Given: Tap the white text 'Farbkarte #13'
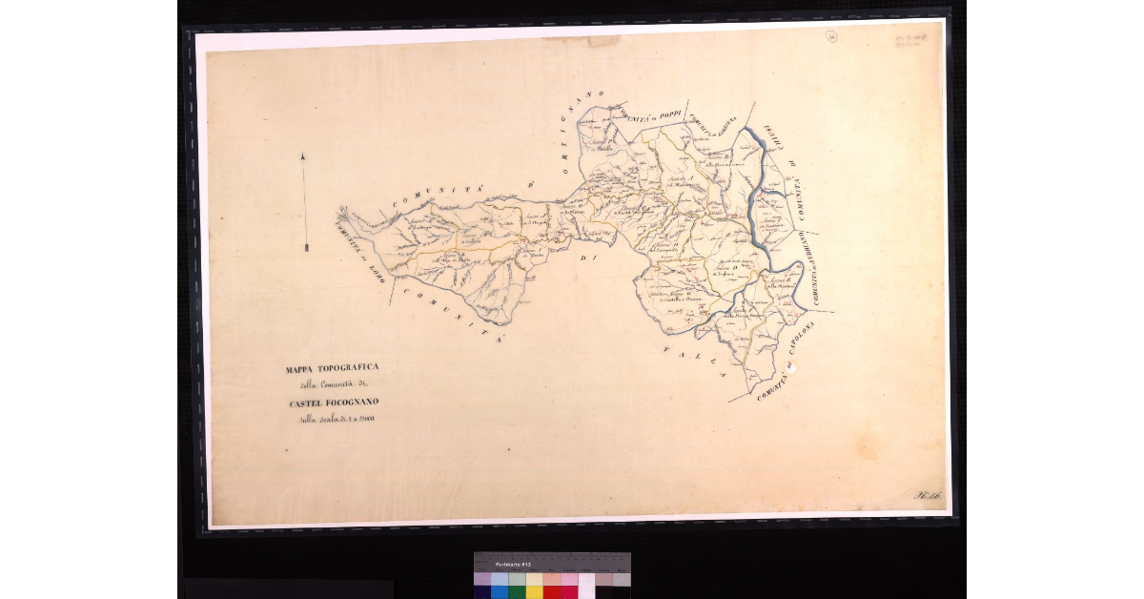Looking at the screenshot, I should (512, 565).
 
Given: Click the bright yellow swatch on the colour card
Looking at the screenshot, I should (534, 591).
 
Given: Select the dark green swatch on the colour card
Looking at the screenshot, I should (517, 591).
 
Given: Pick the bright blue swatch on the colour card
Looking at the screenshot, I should (500, 591).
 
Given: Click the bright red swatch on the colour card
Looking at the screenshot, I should (552, 591).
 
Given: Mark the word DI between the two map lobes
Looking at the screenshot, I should (588, 258).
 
